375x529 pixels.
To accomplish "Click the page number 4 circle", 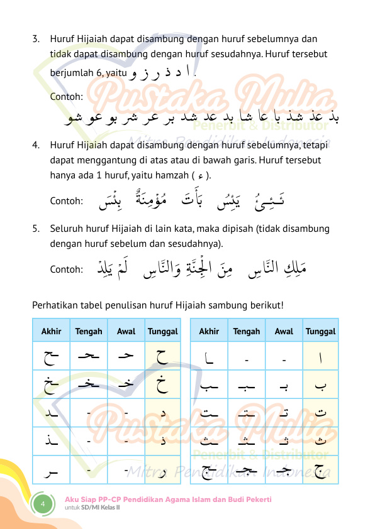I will [42, 504].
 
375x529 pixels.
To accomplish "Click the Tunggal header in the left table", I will [162, 331].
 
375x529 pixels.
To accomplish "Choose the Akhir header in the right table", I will [209, 331].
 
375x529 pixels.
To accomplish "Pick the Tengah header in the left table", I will [89, 331].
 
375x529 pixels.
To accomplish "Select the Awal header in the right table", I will [284, 331].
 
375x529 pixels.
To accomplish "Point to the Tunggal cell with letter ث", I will [320, 441].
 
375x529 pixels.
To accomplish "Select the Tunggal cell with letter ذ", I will [162, 441].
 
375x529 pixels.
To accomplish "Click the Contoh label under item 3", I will [66, 97].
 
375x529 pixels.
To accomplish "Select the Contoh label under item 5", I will [66, 270].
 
